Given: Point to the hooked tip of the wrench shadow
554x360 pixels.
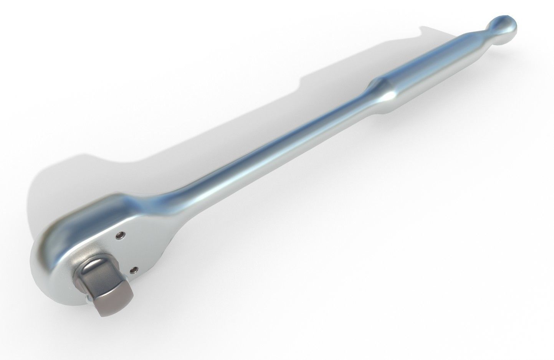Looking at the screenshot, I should [x=424, y=29].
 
